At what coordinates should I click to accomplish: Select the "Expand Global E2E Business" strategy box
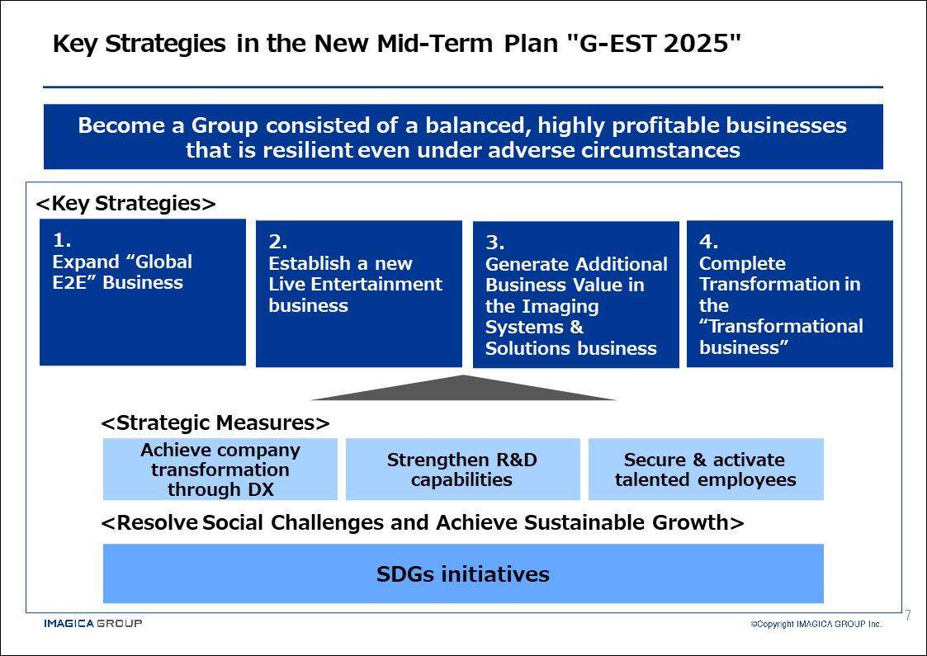143,292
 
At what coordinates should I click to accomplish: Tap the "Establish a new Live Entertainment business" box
359,294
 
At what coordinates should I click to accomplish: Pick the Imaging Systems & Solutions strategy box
576,295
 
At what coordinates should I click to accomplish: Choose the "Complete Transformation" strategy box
790,294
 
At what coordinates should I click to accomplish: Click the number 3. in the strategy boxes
494,243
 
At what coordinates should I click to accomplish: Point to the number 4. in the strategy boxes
709,241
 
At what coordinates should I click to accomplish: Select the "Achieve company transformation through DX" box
220,470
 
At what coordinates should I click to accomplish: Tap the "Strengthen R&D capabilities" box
463,470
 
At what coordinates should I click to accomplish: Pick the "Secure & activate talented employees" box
706,470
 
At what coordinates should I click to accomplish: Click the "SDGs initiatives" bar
464,573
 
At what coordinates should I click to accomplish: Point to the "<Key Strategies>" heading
126,203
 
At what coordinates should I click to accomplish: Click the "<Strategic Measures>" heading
215,423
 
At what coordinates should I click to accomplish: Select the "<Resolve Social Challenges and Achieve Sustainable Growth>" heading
422,523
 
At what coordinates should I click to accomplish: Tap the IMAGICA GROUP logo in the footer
92,624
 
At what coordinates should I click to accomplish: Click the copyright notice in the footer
816,624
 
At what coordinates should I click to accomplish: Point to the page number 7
908,616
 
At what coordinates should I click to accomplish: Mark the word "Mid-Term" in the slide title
435,44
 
